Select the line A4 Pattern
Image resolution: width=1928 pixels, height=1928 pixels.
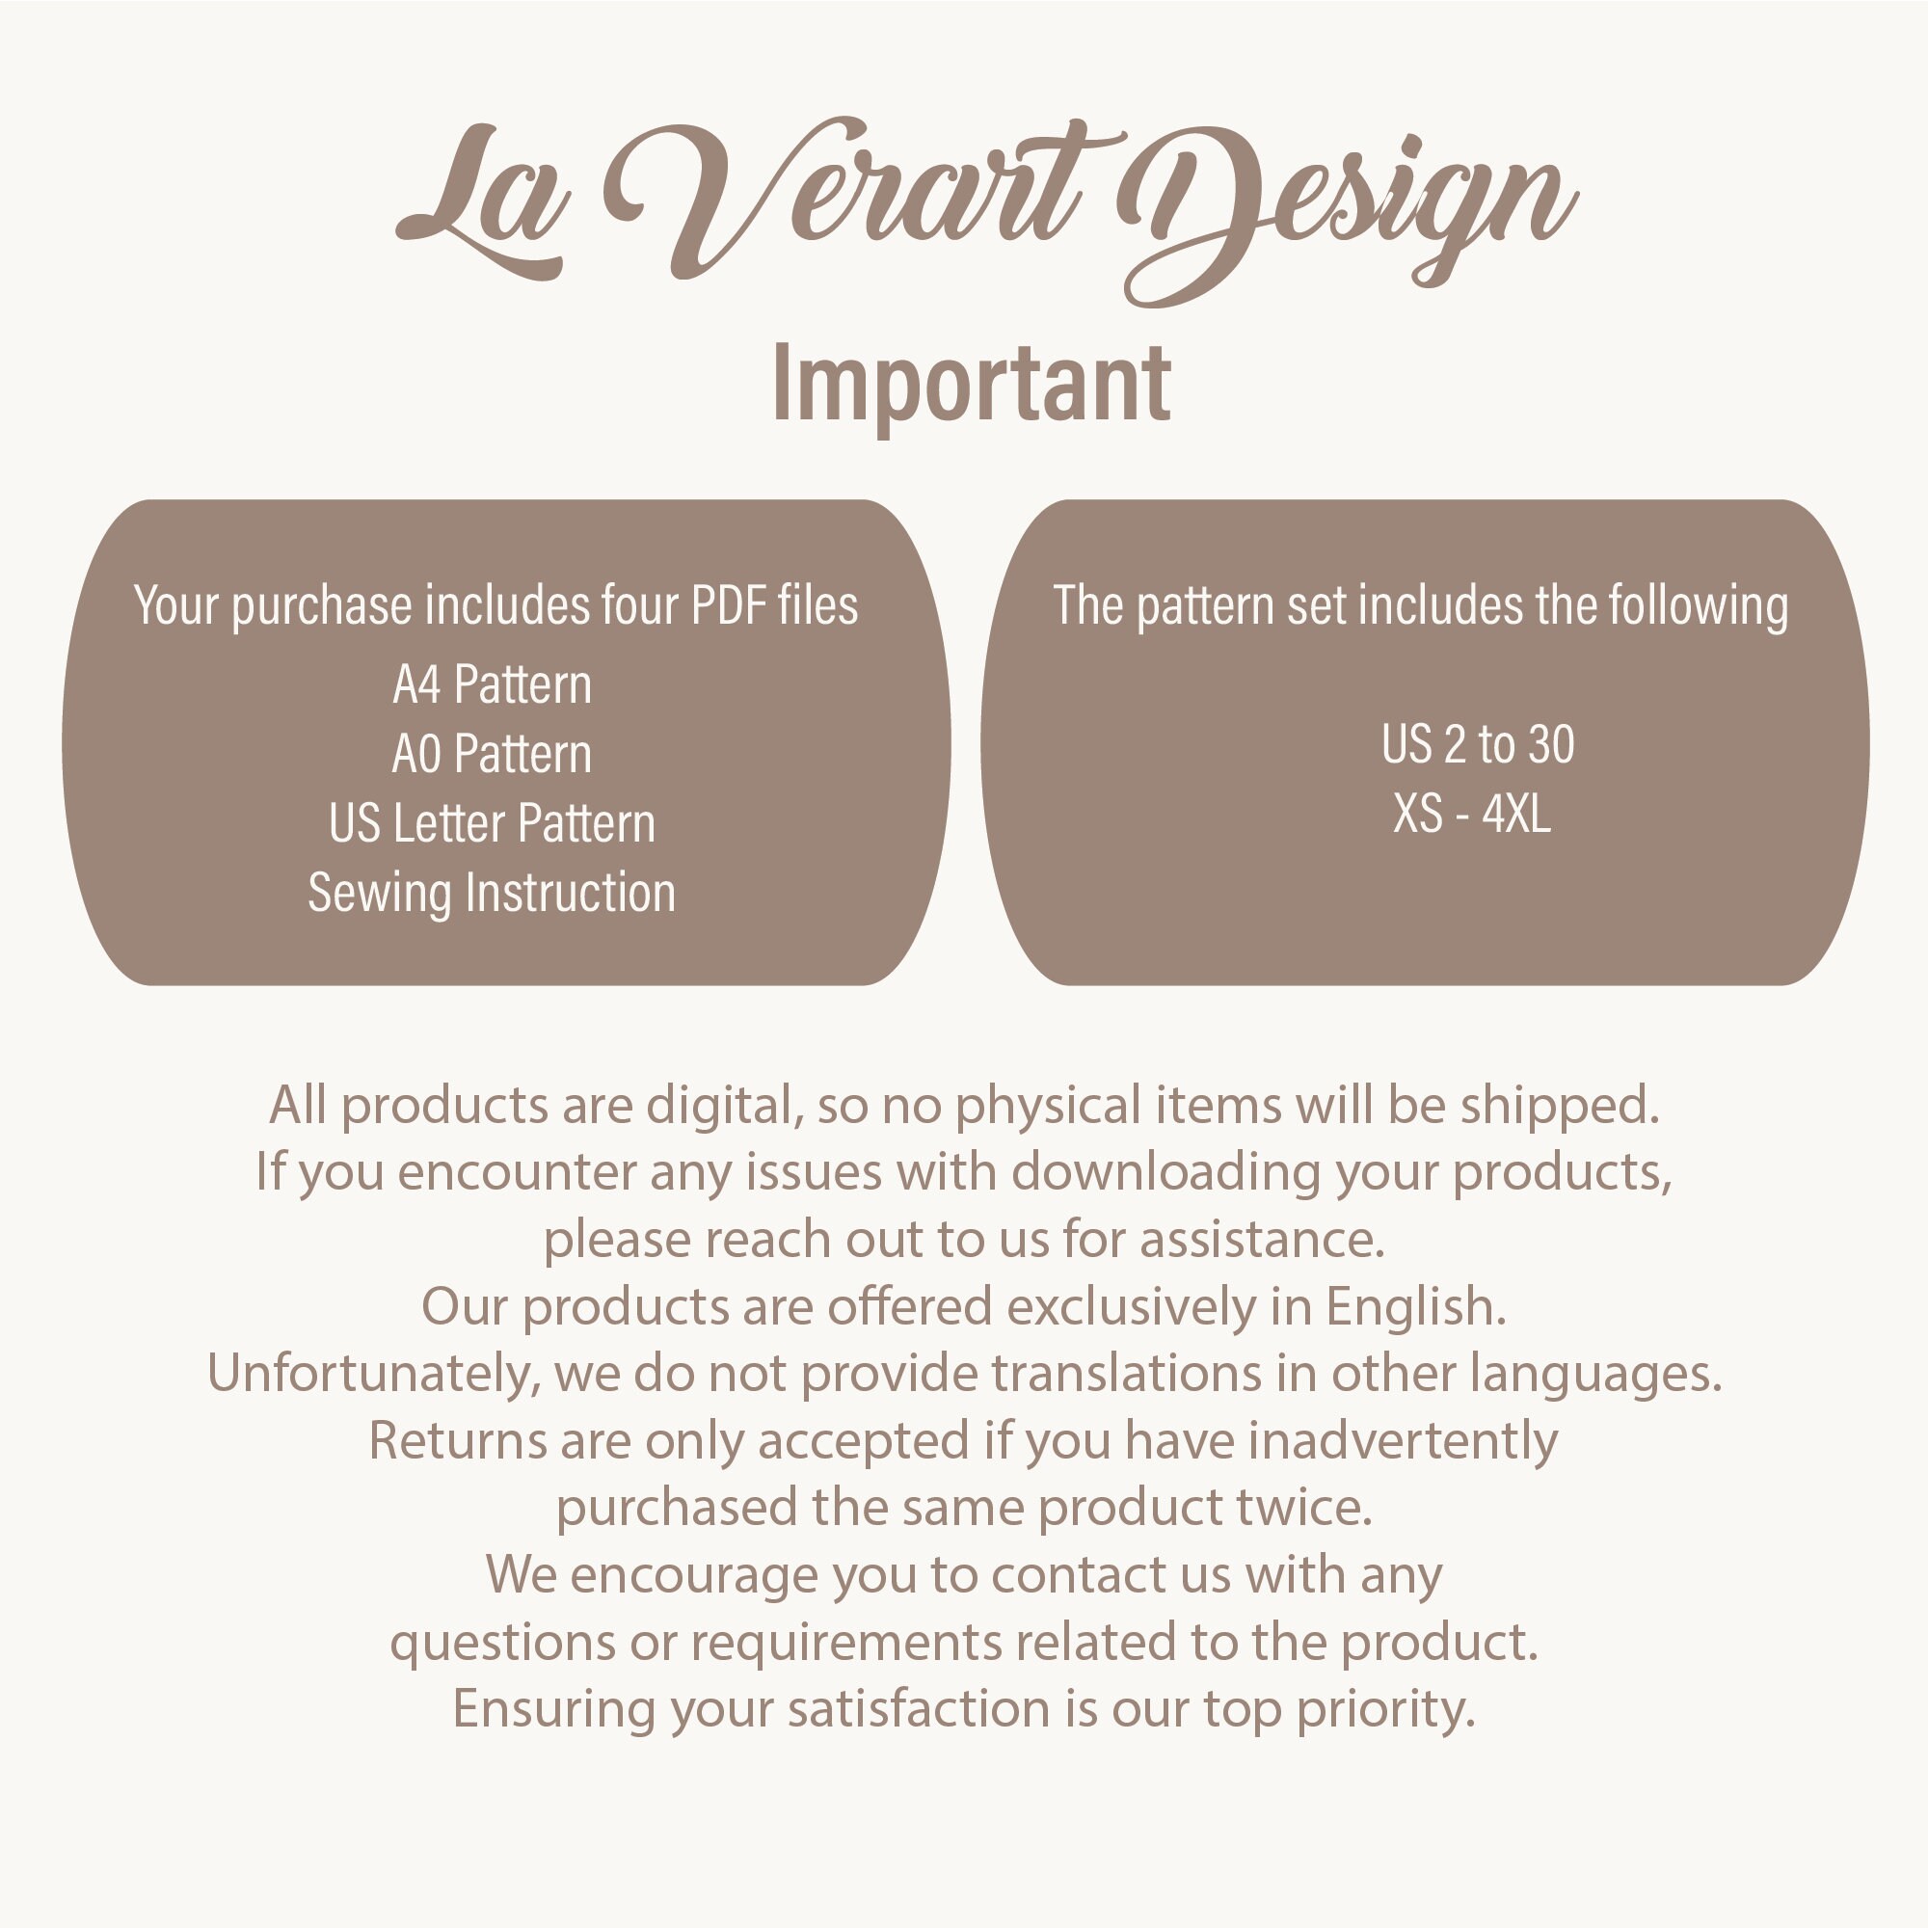(x=491, y=685)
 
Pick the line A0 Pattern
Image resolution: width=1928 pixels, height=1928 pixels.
(x=491, y=755)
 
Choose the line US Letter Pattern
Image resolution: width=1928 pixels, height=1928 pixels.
(x=491, y=824)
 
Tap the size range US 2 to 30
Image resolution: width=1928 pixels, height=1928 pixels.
(x=1477, y=744)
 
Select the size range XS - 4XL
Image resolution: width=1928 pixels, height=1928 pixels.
(x=1472, y=815)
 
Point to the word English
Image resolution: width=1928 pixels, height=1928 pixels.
(x=1414, y=1306)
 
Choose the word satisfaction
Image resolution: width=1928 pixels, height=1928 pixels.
(x=918, y=1708)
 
